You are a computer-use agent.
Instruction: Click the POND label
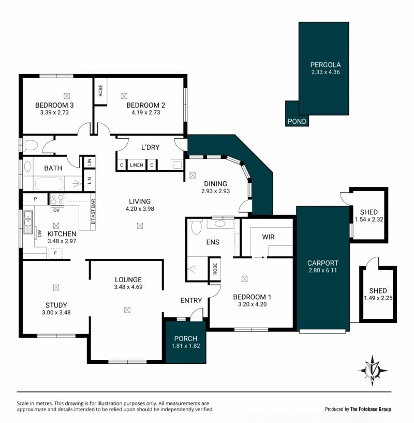[297, 121]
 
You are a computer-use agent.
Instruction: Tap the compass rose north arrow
[373, 371]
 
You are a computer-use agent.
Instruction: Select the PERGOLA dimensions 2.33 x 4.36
[326, 72]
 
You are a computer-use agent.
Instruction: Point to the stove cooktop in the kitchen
[57, 200]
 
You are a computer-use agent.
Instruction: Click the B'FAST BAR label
[93, 212]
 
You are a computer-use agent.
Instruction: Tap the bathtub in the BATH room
[49, 184]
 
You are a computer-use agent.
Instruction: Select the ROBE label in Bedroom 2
[100, 91]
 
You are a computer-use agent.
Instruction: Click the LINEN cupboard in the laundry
[137, 165]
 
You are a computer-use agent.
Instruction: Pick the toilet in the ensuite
[196, 226]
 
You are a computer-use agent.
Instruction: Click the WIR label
[268, 237]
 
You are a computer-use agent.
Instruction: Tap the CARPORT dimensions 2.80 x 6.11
[322, 271]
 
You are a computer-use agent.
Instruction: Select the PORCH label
[186, 339]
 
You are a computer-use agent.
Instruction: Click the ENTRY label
[191, 300]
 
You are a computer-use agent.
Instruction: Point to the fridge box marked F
[55, 253]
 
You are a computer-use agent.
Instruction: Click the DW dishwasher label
[40, 234]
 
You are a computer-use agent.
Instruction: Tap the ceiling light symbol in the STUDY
[56, 287]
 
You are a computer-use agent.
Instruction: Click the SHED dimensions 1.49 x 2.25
[378, 298]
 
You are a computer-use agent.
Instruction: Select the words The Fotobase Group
[371, 409]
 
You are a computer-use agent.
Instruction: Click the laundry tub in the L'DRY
[177, 164]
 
